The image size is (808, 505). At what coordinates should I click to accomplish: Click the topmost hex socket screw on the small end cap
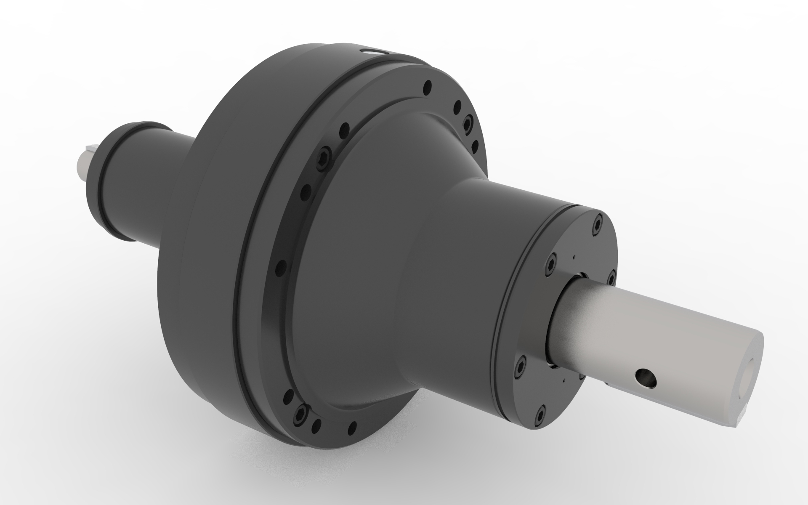pos(599,226)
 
